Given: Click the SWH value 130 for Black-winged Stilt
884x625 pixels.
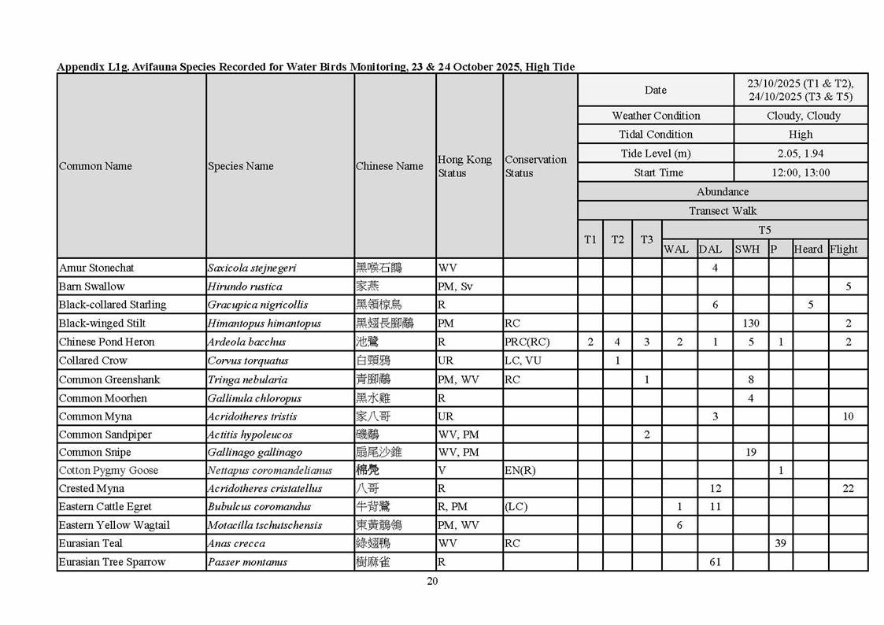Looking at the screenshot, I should [x=751, y=324].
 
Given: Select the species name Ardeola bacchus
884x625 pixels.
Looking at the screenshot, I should [x=246, y=342].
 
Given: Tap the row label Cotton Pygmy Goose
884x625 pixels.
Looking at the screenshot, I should [x=109, y=470].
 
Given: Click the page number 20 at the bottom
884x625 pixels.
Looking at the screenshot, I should [x=432, y=582].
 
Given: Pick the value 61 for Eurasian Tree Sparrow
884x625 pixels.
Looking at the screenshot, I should [x=715, y=562].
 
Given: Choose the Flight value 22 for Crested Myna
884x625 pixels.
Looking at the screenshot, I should [x=848, y=488].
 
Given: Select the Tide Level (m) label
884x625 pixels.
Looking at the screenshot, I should [x=656, y=153].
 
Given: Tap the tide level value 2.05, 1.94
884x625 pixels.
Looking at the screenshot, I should [x=801, y=153].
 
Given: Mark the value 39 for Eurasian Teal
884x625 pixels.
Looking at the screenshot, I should [x=780, y=543].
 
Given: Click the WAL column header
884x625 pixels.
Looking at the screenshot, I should [x=675, y=250].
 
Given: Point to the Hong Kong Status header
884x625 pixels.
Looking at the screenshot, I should [x=464, y=166].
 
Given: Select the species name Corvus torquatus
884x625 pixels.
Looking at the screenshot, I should [x=248, y=361].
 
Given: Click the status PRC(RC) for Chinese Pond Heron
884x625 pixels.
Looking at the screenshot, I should [x=527, y=342].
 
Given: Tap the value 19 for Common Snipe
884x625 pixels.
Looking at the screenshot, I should [x=751, y=452].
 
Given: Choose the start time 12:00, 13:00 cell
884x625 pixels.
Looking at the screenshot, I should [x=801, y=172].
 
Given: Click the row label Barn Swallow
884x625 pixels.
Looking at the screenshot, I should [x=91, y=287].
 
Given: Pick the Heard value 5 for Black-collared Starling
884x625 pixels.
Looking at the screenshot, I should [x=810, y=305].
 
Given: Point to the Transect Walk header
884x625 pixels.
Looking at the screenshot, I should [x=723, y=211].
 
